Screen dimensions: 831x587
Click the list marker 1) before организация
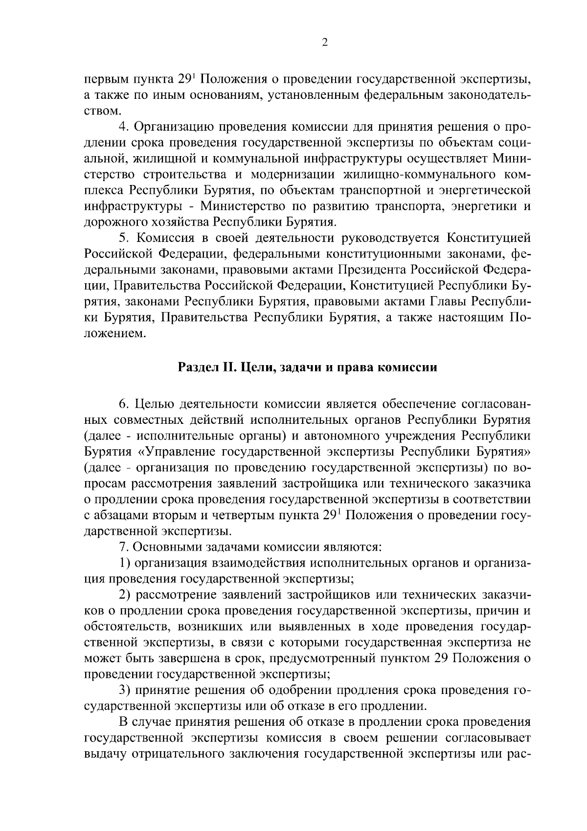(125, 563)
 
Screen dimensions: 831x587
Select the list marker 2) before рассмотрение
(125, 595)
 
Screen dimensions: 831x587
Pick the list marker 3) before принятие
(125, 690)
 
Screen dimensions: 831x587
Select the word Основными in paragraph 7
(167, 547)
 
